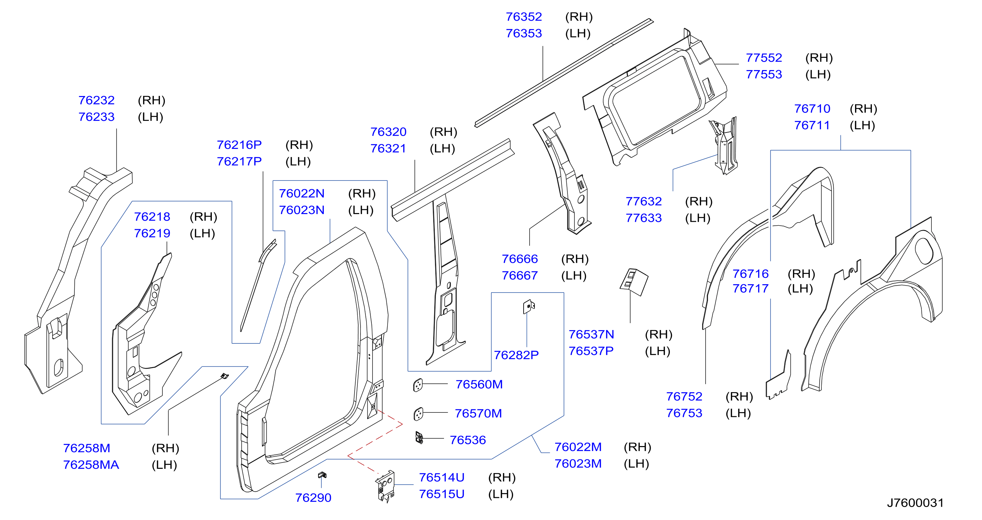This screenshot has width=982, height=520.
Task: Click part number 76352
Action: (x=523, y=17)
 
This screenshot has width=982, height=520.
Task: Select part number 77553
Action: (x=764, y=74)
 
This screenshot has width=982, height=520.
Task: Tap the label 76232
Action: (x=96, y=100)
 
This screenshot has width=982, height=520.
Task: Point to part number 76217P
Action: (x=239, y=162)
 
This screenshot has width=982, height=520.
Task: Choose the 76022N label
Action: (x=302, y=193)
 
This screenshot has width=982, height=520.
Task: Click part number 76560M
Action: (x=479, y=384)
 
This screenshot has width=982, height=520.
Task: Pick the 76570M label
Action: (x=478, y=413)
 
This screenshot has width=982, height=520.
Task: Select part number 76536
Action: (x=468, y=440)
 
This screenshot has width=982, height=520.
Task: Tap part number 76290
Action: (x=313, y=498)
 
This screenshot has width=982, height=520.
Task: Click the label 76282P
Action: (x=516, y=355)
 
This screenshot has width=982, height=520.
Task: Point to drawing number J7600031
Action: (x=915, y=503)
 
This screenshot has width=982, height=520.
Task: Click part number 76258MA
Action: (x=91, y=465)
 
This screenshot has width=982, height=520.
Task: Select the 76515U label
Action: (x=442, y=494)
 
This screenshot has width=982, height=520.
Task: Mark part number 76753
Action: (x=684, y=413)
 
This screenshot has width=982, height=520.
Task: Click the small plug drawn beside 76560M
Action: (x=418, y=385)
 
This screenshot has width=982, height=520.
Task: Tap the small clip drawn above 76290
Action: (x=322, y=475)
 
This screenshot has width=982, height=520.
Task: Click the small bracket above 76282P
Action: (x=529, y=306)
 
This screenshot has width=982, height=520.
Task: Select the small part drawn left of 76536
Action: (x=419, y=438)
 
